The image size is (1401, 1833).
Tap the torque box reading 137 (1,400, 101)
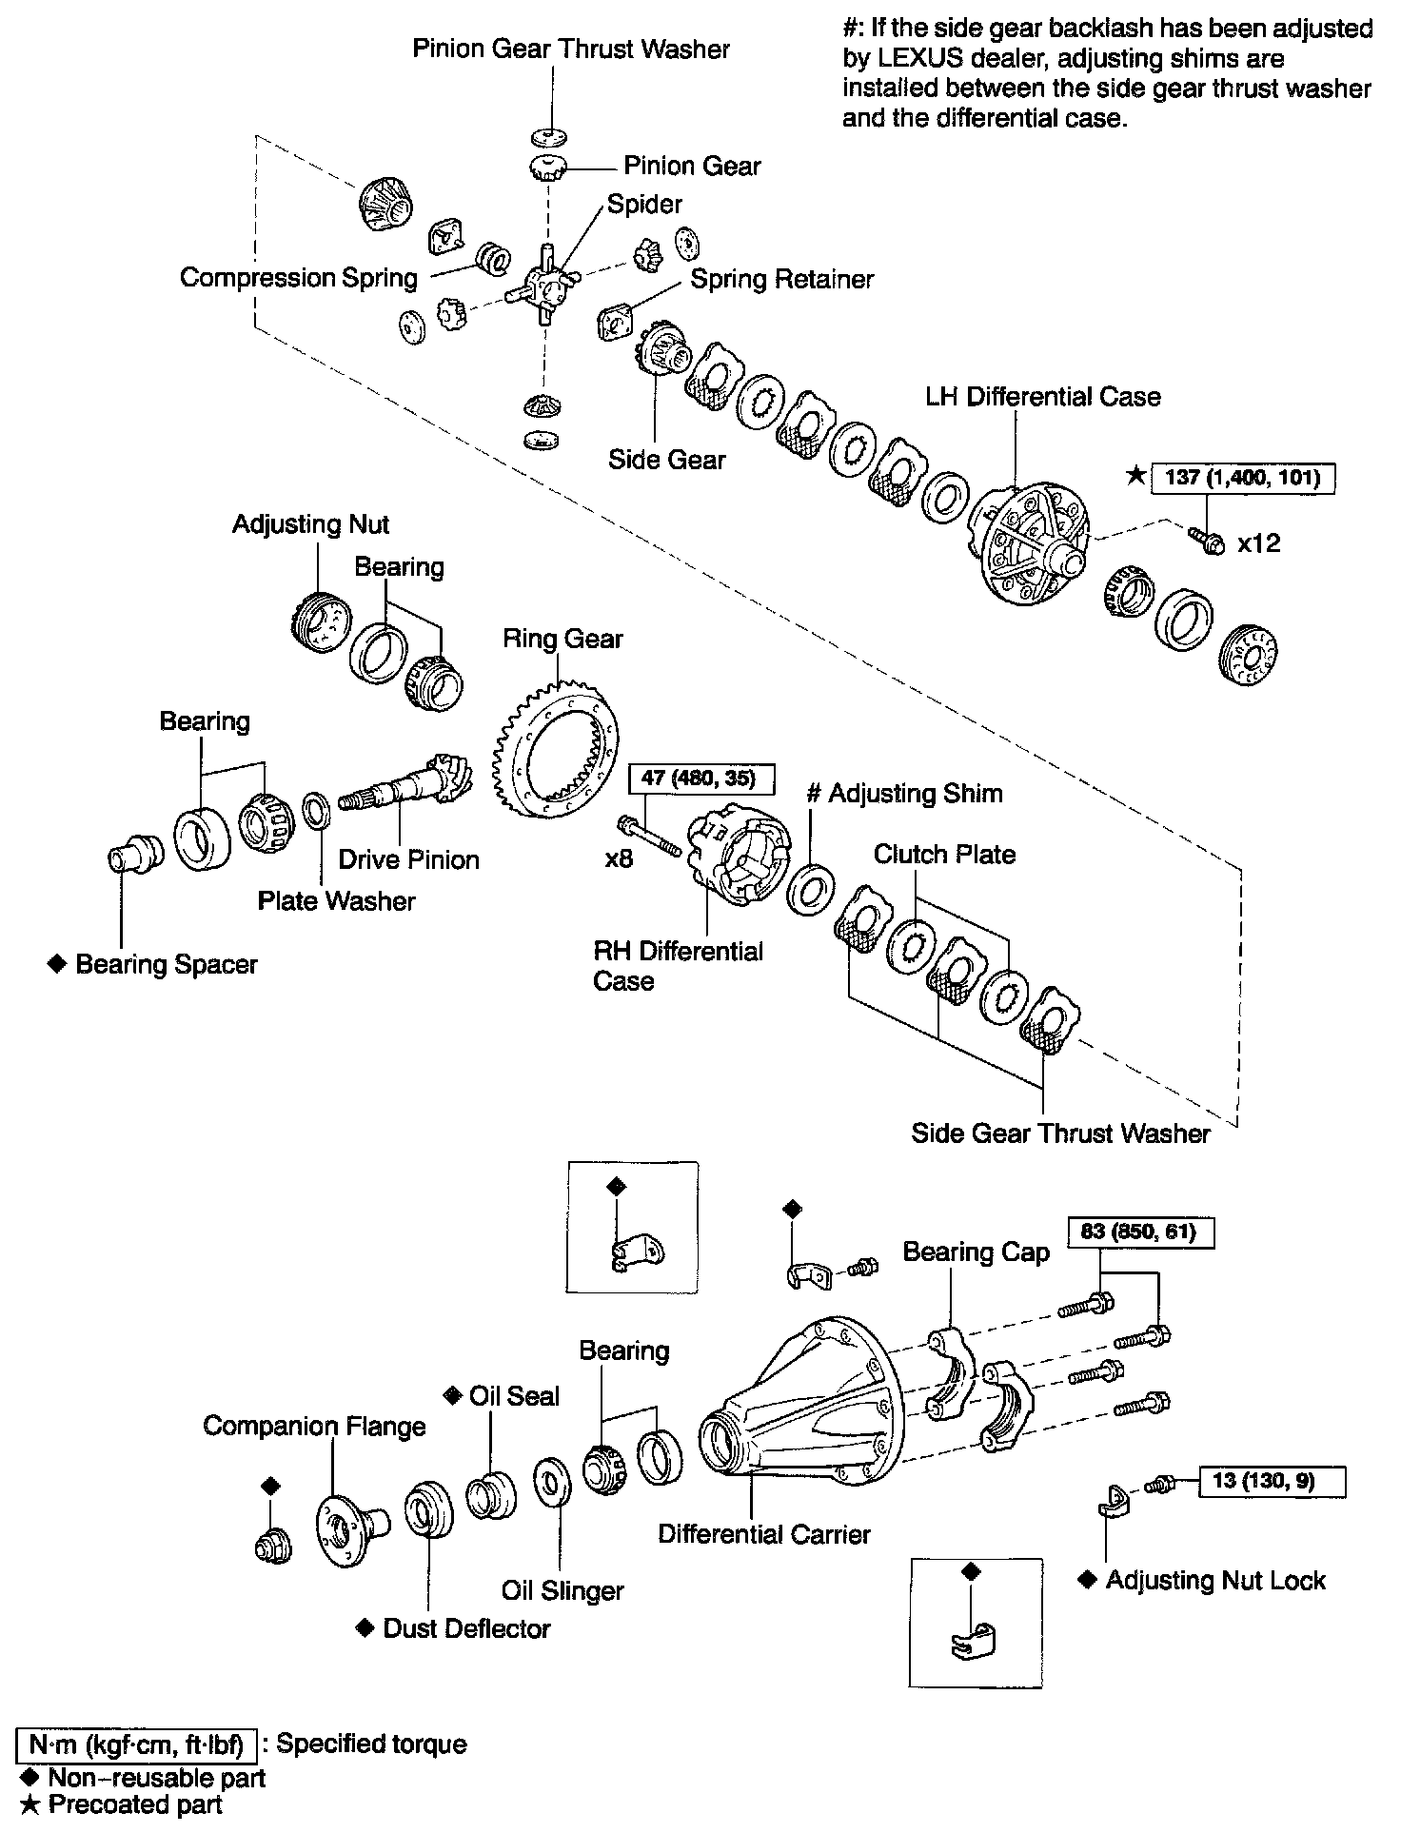pos(1242,478)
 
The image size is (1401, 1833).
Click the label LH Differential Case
pos(1043,397)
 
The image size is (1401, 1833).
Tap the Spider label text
pos(644,205)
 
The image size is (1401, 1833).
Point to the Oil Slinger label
pos(562,1590)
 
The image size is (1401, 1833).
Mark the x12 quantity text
pos(1258,544)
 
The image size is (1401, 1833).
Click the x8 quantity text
pos(619,859)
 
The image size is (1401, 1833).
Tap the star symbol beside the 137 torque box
pos(1135,476)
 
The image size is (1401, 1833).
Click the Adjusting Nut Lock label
pos(1215,1581)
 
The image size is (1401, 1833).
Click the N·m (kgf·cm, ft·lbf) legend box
pos(137,1744)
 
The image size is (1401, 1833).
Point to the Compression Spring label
pos(299,278)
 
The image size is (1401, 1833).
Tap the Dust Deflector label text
pos(466,1628)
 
